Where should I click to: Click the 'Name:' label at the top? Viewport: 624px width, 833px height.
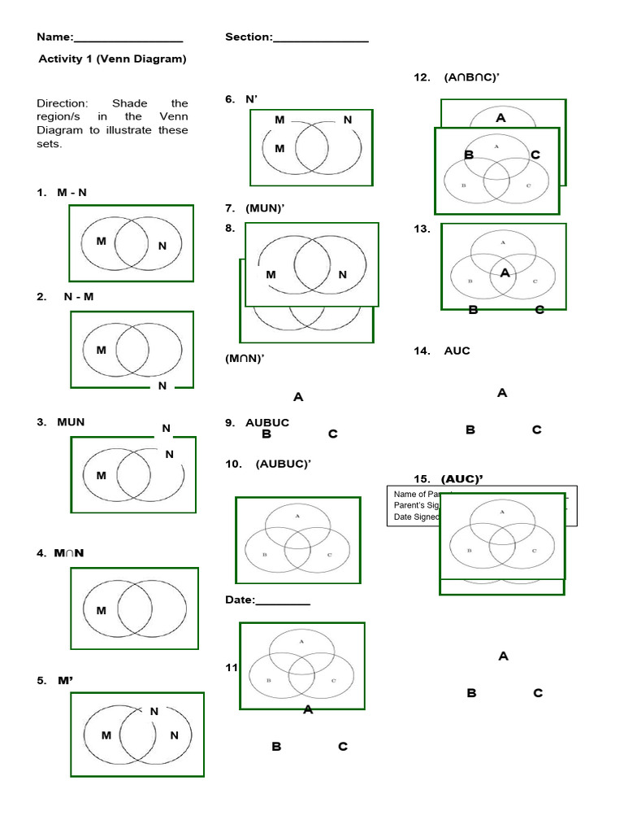click(x=55, y=37)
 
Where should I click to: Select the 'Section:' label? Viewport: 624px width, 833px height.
click(x=249, y=37)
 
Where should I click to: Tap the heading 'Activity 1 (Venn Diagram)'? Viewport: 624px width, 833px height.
click(x=113, y=59)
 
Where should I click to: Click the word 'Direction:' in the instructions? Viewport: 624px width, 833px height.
click(x=63, y=103)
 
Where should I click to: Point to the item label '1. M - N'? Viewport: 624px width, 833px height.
click(x=62, y=193)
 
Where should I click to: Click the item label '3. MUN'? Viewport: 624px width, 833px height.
click(x=61, y=422)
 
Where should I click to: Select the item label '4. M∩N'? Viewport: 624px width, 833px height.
click(x=61, y=554)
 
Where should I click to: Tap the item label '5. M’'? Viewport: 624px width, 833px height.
click(x=55, y=681)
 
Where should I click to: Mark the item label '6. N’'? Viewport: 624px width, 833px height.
click(x=241, y=99)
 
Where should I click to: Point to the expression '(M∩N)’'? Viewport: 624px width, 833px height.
click(x=245, y=358)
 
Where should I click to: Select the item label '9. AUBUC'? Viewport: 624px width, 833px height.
click(x=257, y=423)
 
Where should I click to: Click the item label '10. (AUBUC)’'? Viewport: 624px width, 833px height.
click(x=268, y=464)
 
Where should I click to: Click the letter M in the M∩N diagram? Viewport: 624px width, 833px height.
click(x=102, y=610)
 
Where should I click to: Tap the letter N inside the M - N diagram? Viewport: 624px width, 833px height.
click(x=162, y=246)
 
